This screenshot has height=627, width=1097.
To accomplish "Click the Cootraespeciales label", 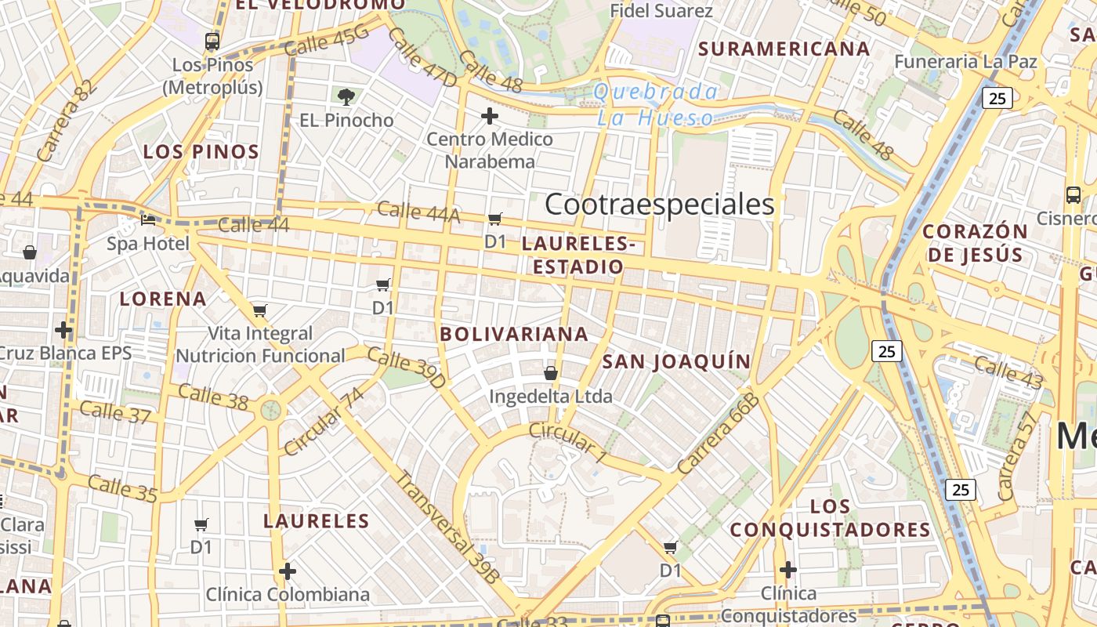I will (659, 205).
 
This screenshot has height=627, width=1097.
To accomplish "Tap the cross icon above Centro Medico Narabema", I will (490, 117).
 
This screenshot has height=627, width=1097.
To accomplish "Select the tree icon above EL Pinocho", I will (346, 97).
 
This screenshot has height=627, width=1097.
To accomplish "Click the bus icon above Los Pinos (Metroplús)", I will (212, 42).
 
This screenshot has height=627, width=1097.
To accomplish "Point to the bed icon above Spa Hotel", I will (148, 220).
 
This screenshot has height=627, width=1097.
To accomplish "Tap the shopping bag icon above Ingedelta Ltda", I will (551, 373).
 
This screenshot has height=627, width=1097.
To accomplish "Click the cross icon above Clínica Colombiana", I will (288, 571).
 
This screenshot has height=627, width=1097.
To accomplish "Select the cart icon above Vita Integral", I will (260, 310).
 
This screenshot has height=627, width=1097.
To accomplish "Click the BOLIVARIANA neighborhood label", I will (514, 334).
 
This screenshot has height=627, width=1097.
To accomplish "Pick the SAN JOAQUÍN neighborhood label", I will (676, 361).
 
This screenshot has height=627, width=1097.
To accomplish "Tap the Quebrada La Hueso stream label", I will (655, 105).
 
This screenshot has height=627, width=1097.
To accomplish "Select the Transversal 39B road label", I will (447, 527).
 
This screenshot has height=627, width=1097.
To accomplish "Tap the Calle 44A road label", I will (418, 212).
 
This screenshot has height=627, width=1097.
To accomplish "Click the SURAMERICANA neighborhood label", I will (784, 49).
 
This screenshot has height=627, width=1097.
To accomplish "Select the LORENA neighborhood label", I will (163, 299).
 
